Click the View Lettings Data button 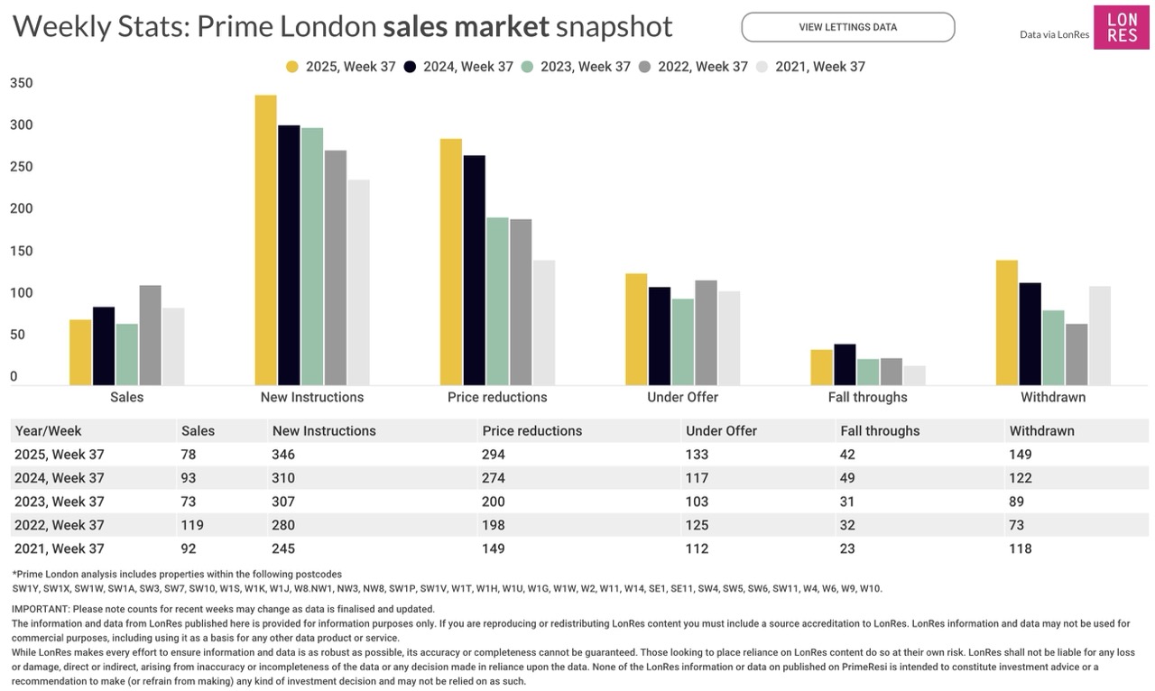click(847, 27)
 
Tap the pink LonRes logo click(1122, 27)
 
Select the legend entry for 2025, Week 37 click(341, 67)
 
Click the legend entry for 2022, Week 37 click(693, 67)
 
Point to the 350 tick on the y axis click(21, 83)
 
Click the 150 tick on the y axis click(21, 251)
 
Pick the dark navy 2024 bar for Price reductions click(474, 270)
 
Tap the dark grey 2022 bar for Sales click(150, 335)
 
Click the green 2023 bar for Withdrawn click(1053, 347)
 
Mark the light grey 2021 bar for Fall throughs click(914, 375)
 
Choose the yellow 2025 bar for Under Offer click(636, 329)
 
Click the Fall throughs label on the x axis click(867, 397)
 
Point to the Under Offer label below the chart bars click(682, 397)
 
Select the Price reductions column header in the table click(531, 431)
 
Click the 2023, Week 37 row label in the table click(60, 502)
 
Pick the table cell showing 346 click(283, 455)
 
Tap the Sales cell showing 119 click(192, 525)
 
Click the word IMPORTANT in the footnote click(40, 609)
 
